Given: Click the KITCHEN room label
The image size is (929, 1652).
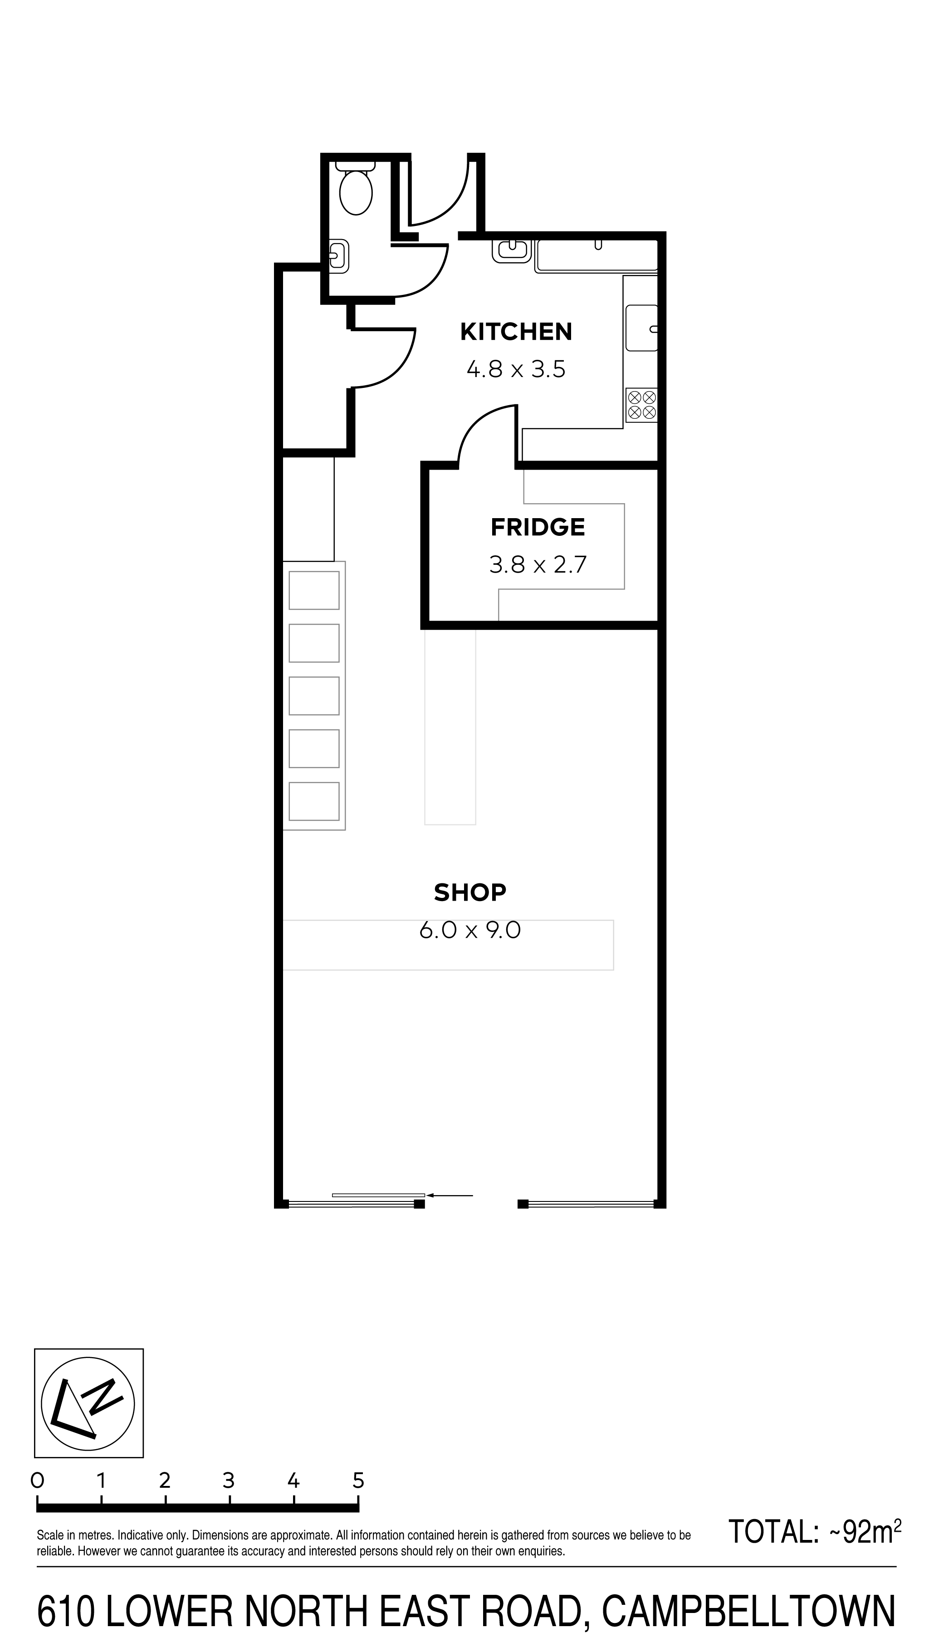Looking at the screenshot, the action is (516, 332).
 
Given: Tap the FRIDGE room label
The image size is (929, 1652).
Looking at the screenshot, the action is (538, 527).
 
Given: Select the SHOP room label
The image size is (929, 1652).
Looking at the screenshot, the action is (470, 892).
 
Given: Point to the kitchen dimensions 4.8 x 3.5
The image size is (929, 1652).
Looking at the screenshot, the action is (516, 369).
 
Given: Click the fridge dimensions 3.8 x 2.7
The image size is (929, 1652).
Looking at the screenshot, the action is (538, 564).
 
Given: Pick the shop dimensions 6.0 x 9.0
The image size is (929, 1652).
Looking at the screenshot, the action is (470, 929).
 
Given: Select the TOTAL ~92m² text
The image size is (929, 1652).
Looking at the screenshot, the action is (815, 1532).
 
